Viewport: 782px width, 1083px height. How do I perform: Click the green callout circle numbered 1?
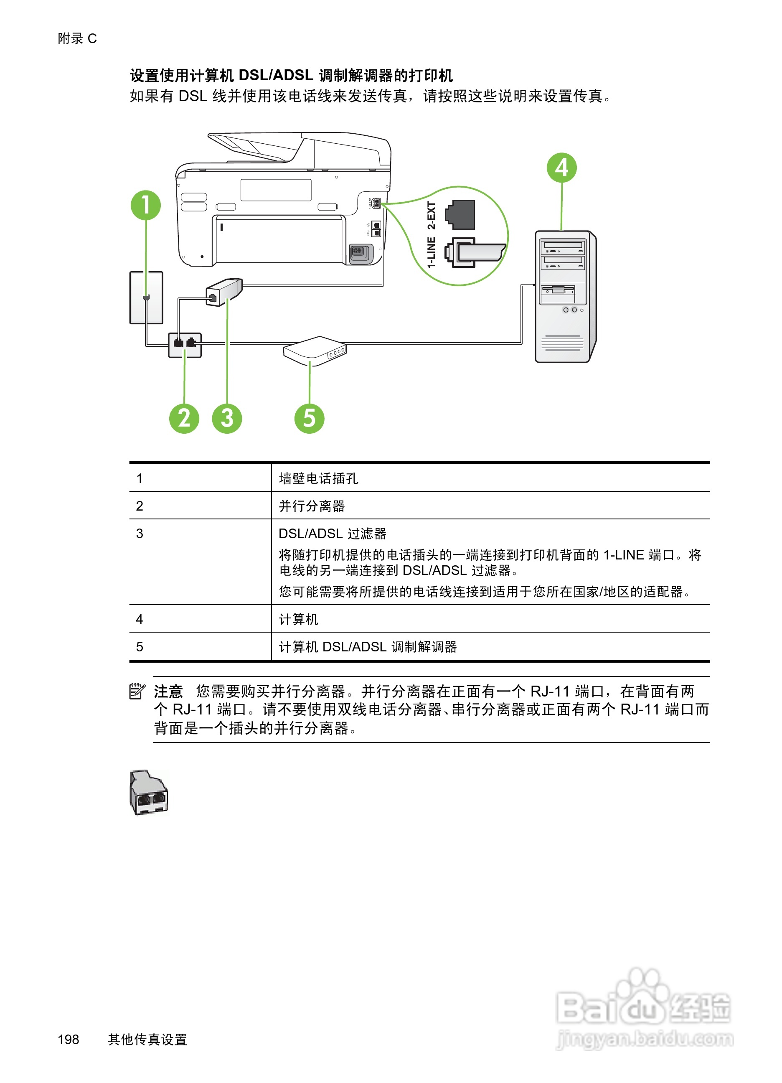(x=146, y=205)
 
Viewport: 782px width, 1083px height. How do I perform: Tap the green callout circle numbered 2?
(x=184, y=418)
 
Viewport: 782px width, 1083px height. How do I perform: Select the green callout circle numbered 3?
(x=227, y=418)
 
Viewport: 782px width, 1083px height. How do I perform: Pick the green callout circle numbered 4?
(x=561, y=168)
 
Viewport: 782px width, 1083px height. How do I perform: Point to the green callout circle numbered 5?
(x=310, y=418)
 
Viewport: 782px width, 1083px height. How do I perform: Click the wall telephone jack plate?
(x=146, y=297)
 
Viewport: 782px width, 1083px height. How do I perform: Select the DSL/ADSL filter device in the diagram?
(x=224, y=292)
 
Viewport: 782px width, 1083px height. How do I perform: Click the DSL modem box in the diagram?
(x=315, y=351)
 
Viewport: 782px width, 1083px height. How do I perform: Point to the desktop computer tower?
(x=565, y=297)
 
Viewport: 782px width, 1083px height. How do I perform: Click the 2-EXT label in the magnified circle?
(x=431, y=215)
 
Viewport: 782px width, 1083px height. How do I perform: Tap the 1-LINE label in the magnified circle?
(x=431, y=252)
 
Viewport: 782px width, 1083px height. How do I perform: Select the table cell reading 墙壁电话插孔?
(x=318, y=478)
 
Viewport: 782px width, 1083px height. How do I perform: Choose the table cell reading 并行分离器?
(x=312, y=506)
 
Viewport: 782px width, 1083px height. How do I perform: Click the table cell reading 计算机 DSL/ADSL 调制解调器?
(x=368, y=646)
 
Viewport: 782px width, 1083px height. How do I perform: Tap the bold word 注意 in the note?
(x=168, y=691)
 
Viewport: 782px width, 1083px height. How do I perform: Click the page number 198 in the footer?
(x=68, y=1039)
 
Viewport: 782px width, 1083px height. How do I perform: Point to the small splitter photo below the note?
(x=148, y=793)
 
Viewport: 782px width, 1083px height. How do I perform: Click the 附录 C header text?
(x=77, y=38)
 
